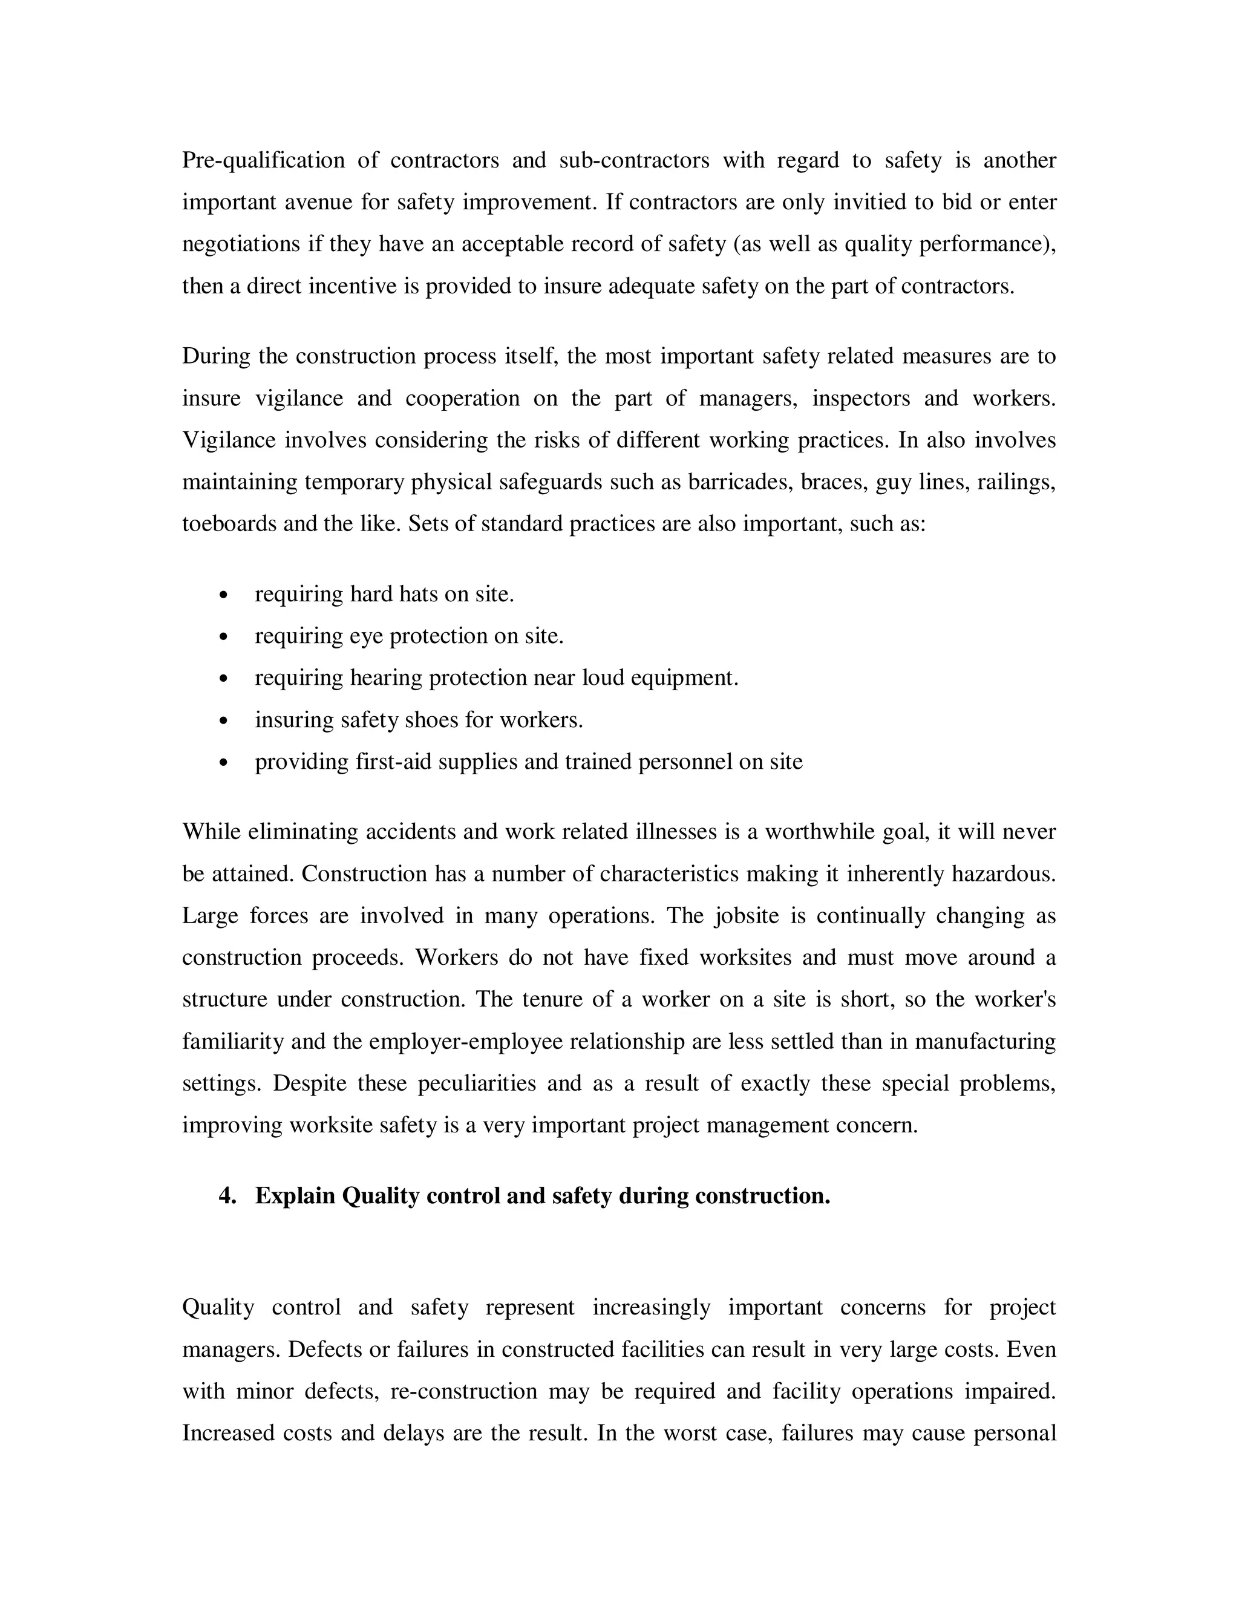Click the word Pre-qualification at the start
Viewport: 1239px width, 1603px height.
click(x=263, y=161)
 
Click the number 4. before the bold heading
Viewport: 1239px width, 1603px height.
click(x=227, y=1197)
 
